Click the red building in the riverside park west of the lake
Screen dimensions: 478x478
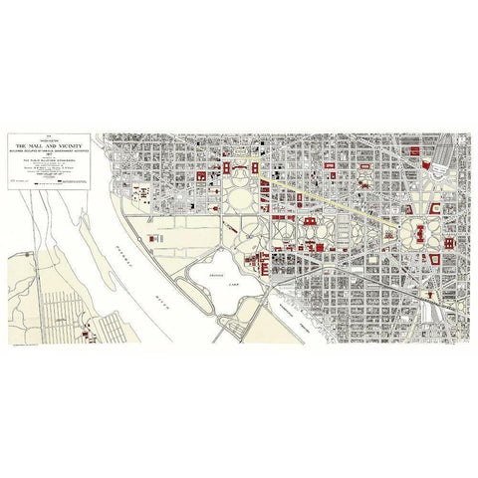tap(154, 211)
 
